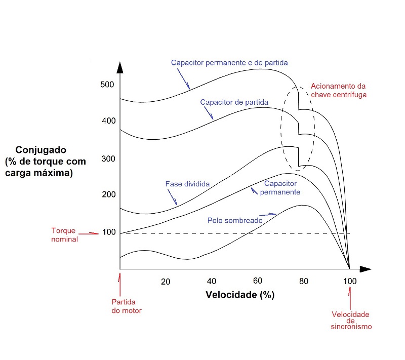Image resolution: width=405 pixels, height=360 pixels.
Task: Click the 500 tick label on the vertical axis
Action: point(108,85)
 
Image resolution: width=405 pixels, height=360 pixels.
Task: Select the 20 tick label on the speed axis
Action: point(166,282)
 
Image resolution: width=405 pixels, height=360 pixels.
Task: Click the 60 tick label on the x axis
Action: point(258,281)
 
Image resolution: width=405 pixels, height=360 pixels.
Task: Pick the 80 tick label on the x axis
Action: point(304,281)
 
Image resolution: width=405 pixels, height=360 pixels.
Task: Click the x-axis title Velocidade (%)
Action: point(240,295)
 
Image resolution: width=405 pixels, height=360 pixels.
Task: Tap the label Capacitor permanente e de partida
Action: point(229,63)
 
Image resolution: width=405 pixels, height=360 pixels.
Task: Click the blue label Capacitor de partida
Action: point(234,102)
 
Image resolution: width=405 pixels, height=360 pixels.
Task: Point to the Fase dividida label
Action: point(187,184)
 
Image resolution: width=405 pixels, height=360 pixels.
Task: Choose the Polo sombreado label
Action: point(235,221)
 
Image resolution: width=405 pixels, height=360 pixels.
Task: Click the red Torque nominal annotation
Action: point(65,235)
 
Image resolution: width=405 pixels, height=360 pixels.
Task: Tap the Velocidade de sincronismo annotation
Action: point(351,321)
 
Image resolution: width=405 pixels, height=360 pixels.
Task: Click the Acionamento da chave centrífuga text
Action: point(338,90)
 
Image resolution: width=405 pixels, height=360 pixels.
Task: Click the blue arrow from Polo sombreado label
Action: point(271,215)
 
